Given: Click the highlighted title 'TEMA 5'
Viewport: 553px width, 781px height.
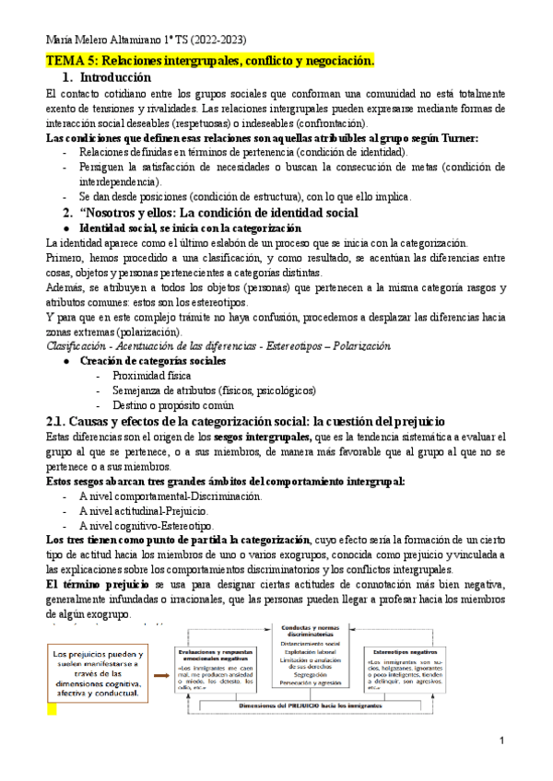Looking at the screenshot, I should pyautogui.click(x=210, y=61).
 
